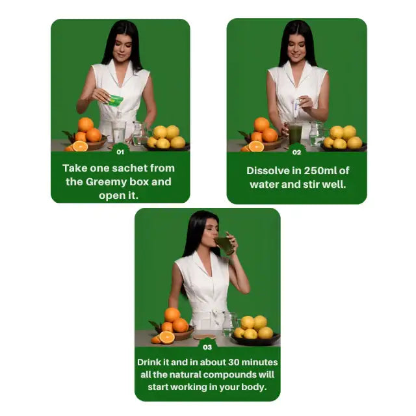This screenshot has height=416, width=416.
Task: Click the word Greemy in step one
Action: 108,182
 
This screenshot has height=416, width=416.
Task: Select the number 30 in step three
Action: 234,361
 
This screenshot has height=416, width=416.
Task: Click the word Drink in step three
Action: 151,361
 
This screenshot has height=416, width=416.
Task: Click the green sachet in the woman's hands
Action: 115,100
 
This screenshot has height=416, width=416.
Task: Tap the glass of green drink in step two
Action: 295,133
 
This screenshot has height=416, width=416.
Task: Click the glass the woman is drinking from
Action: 224,244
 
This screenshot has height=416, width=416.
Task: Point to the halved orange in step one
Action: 80,146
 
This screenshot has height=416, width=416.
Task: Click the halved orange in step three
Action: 167,337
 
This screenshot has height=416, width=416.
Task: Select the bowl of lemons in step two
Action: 343,138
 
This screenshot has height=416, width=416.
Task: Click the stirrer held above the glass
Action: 296,109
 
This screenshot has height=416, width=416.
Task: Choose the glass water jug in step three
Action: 229,323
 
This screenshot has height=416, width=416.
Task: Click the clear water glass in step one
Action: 119,132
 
